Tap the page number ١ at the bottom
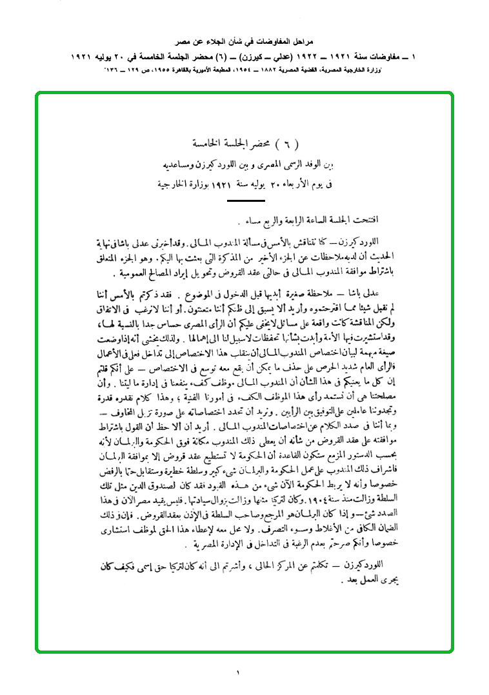pyautogui.click(x=237, y=674)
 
